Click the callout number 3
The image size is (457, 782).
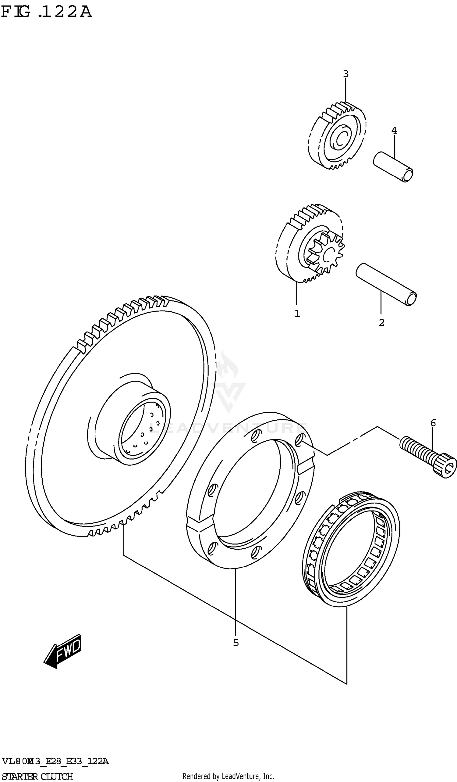pyautogui.click(x=346, y=74)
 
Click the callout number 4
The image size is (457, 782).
pyautogui.click(x=394, y=130)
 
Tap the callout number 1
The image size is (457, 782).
pyautogui.click(x=297, y=314)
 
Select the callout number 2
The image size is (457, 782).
pyautogui.click(x=381, y=323)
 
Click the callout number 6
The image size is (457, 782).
pyautogui.click(x=433, y=423)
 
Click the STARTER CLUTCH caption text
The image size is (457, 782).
pyautogui.click(x=37, y=776)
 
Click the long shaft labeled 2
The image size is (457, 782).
pyautogui.click(x=386, y=284)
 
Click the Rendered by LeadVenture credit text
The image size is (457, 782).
pyautogui.click(x=228, y=776)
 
